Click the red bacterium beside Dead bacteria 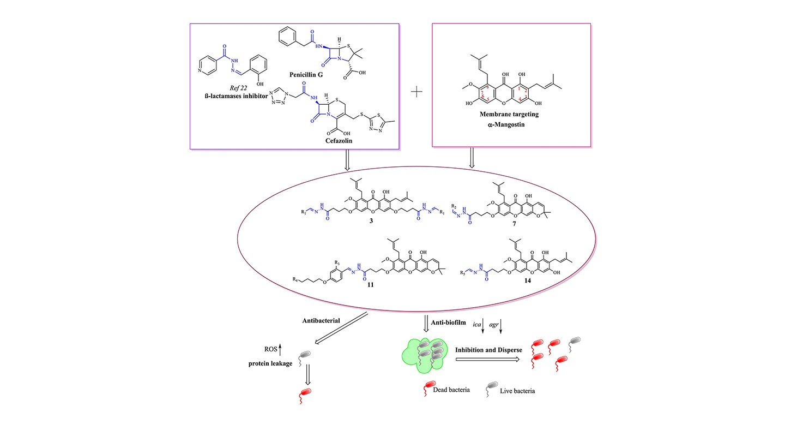point(427,388)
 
